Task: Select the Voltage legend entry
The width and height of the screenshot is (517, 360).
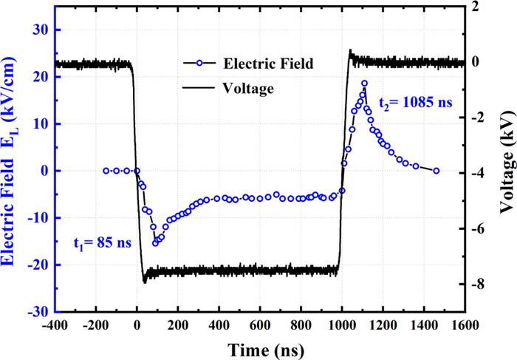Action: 247,89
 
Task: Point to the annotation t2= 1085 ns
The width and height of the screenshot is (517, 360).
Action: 414,102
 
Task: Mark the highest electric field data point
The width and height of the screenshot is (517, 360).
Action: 364,84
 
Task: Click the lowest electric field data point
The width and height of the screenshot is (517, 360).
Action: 155,242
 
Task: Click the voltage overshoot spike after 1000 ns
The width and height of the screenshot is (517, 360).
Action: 350,52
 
